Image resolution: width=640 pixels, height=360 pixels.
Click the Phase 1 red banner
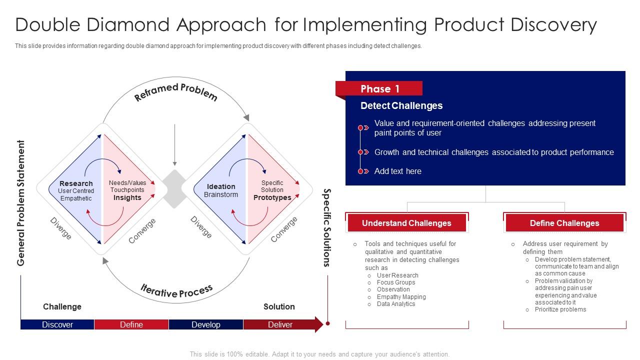[379, 89]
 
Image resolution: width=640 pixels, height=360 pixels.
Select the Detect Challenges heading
[401, 105]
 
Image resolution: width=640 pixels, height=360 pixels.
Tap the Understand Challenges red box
[406, 223]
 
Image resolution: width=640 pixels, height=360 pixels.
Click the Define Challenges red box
[564, 223]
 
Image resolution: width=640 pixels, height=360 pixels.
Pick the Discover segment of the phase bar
[57, 324]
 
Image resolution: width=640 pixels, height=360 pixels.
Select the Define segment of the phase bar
[131, 324]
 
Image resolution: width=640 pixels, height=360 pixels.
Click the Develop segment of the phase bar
[206, 324]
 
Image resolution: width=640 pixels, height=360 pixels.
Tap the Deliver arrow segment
[281, 324]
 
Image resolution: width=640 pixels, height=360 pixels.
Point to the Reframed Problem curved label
[175, 92]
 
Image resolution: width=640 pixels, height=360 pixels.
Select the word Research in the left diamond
[76, 183]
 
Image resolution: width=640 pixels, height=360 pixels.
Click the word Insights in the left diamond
[127, 197]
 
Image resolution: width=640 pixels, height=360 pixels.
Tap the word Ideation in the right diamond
[221, 186]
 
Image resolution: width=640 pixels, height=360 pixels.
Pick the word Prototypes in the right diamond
[272, 197]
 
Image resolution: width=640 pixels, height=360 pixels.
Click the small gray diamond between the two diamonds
[174, 188]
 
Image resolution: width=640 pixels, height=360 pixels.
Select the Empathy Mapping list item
[401, 296]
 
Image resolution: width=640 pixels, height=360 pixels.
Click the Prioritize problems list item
[560, 309]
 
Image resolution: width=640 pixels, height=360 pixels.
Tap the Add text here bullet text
[397, 171]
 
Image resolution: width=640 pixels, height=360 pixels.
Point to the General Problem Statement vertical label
[21, 203]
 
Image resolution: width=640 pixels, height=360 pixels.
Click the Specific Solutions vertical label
[327, 227]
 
